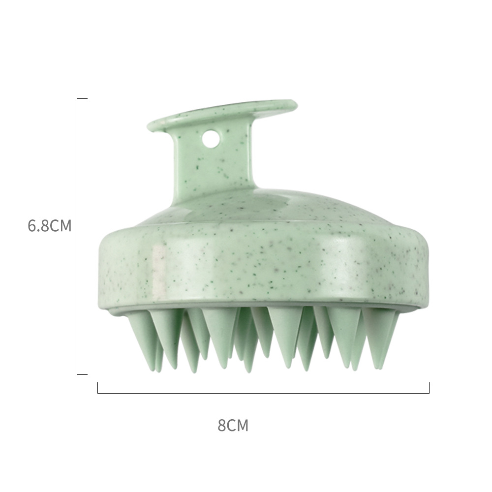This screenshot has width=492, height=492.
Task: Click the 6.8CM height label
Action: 50,226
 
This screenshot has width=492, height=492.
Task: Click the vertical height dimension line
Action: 77,236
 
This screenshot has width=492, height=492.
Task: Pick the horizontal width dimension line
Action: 263,393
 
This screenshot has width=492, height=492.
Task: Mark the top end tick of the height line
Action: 82,99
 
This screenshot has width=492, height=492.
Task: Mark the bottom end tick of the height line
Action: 82,374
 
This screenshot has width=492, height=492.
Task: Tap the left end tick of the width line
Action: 98,388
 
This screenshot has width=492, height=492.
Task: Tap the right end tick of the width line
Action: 429,388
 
